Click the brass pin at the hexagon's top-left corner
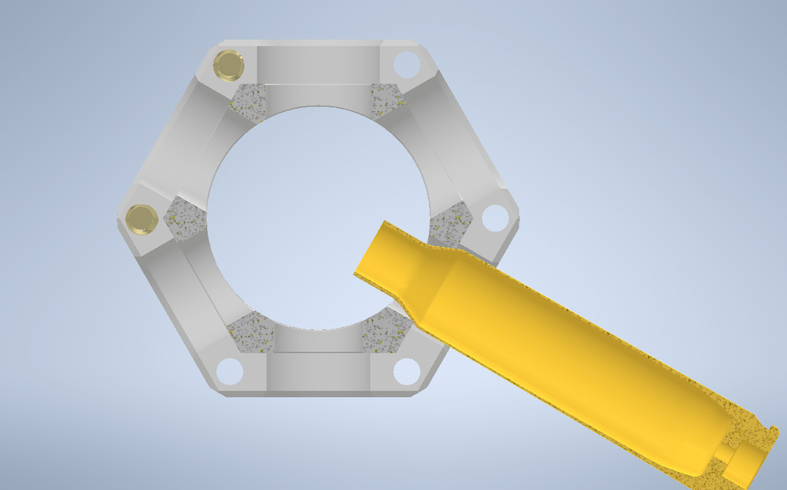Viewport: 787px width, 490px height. click(228, 65)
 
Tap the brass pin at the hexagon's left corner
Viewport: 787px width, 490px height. click(142, 219)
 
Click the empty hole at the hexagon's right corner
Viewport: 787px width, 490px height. click(494, 217)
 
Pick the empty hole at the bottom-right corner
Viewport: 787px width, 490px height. click(406, 371)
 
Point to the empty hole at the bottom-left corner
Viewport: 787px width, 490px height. click(229, 371)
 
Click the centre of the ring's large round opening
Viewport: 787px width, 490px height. click(315, 217)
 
